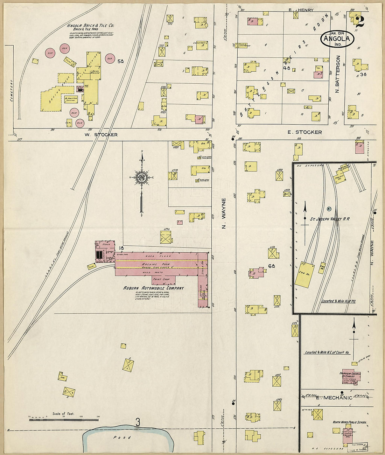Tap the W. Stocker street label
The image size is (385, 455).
pos(101,134)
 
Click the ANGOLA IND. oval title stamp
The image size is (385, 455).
pos(337,39)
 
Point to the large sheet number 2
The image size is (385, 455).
pos(359,21)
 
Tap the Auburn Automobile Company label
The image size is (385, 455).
pos(153,288)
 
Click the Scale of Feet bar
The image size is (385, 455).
pos(63,419)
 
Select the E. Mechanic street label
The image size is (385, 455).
pos(334,398)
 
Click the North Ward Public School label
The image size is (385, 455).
pos(349,422)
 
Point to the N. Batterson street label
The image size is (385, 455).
pos(338,74)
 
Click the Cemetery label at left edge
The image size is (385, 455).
pos(11,90)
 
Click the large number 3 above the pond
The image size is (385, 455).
pos(138,423)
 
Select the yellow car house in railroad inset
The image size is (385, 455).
pos(304,275)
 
